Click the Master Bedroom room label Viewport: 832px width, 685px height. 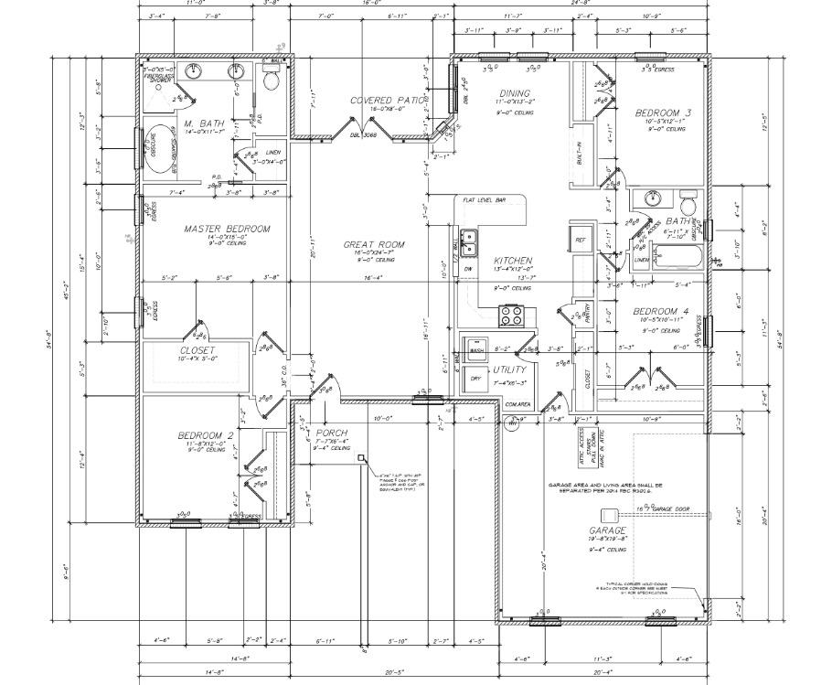click(x=227, y=229)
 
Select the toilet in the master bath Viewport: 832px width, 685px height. click(x=271, y=80)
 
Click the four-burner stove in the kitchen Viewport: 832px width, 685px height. click(x=511, y=316)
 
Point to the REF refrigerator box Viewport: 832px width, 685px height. click(x=580, y=240)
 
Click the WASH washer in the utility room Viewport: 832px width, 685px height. click(x=476, y=350)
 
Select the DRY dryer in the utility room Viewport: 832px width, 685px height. click(x=475, y=378)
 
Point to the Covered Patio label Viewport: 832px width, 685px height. click(x=387, y=100)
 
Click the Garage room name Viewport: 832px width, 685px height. click(x=607, y=530)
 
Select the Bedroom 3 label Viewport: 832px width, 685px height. click(x=663, y=112)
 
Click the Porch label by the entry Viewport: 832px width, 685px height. click(x=331, y=432)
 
